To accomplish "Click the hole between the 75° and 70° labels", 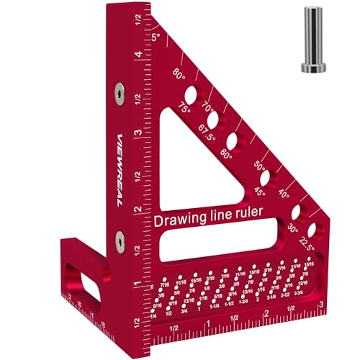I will click(193, 94).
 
